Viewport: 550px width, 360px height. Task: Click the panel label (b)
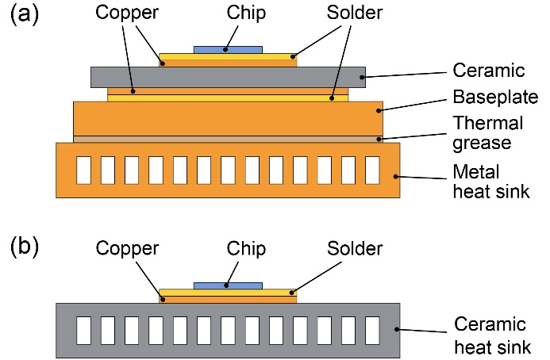pyautogui.click(x=27, y=249)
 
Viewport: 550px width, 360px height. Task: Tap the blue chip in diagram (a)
pyautogui.click(x=229, y=49)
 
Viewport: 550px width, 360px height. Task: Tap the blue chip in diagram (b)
pyautogui.click(x=229, y=285)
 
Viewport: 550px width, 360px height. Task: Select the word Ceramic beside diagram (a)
pyautogui.click(x=489, y=71)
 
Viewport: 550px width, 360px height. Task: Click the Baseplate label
pyautogui.click(x=494, y=98)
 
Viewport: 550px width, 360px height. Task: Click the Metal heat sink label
pyautogui.click(x=487, y=182)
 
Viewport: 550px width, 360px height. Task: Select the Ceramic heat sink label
pyautogui.click(x=490, y=336)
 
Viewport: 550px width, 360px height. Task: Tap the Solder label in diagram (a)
pyautogui.click(x=355, y=13)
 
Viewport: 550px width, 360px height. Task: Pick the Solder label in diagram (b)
pyautogui.click(x=355, y=248)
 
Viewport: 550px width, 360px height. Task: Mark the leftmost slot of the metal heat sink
pyautogui.click(x=83, y=169)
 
